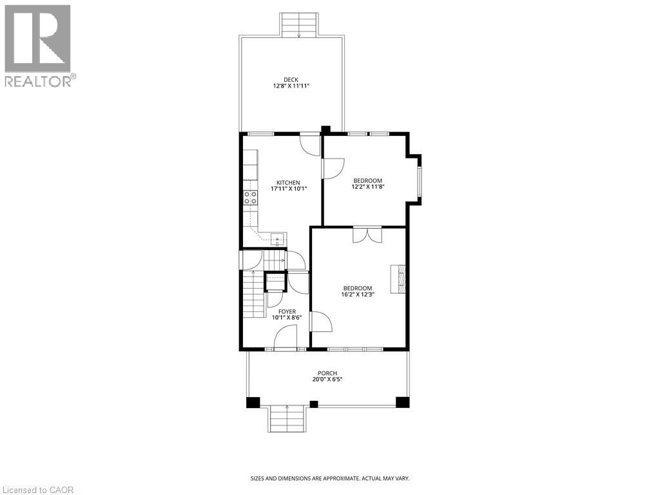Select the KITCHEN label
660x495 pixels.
click(x=288, y=182)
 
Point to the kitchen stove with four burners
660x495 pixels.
click(x=251, y=198)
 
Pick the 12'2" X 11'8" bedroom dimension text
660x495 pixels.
click(x=367, y=187)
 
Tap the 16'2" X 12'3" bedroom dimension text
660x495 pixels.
click(x=358, y=294)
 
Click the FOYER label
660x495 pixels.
click(x=287, y=311)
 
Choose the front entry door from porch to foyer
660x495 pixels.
click(x=286, y=338)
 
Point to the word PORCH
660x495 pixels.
click(x=327, y=373)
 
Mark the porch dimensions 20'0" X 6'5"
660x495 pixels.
click(x=327, y=380)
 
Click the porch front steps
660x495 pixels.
click(x=287, y=419)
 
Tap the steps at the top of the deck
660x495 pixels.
click(x=300, y=25)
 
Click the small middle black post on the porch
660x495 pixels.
click(x=314, y=404)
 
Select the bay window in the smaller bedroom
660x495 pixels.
click(x=418, y=180)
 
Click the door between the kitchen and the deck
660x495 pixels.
click(x=310, y=143)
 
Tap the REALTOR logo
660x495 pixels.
click(x=38, y=45)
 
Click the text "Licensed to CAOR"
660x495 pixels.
click(x=38, y=490)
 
